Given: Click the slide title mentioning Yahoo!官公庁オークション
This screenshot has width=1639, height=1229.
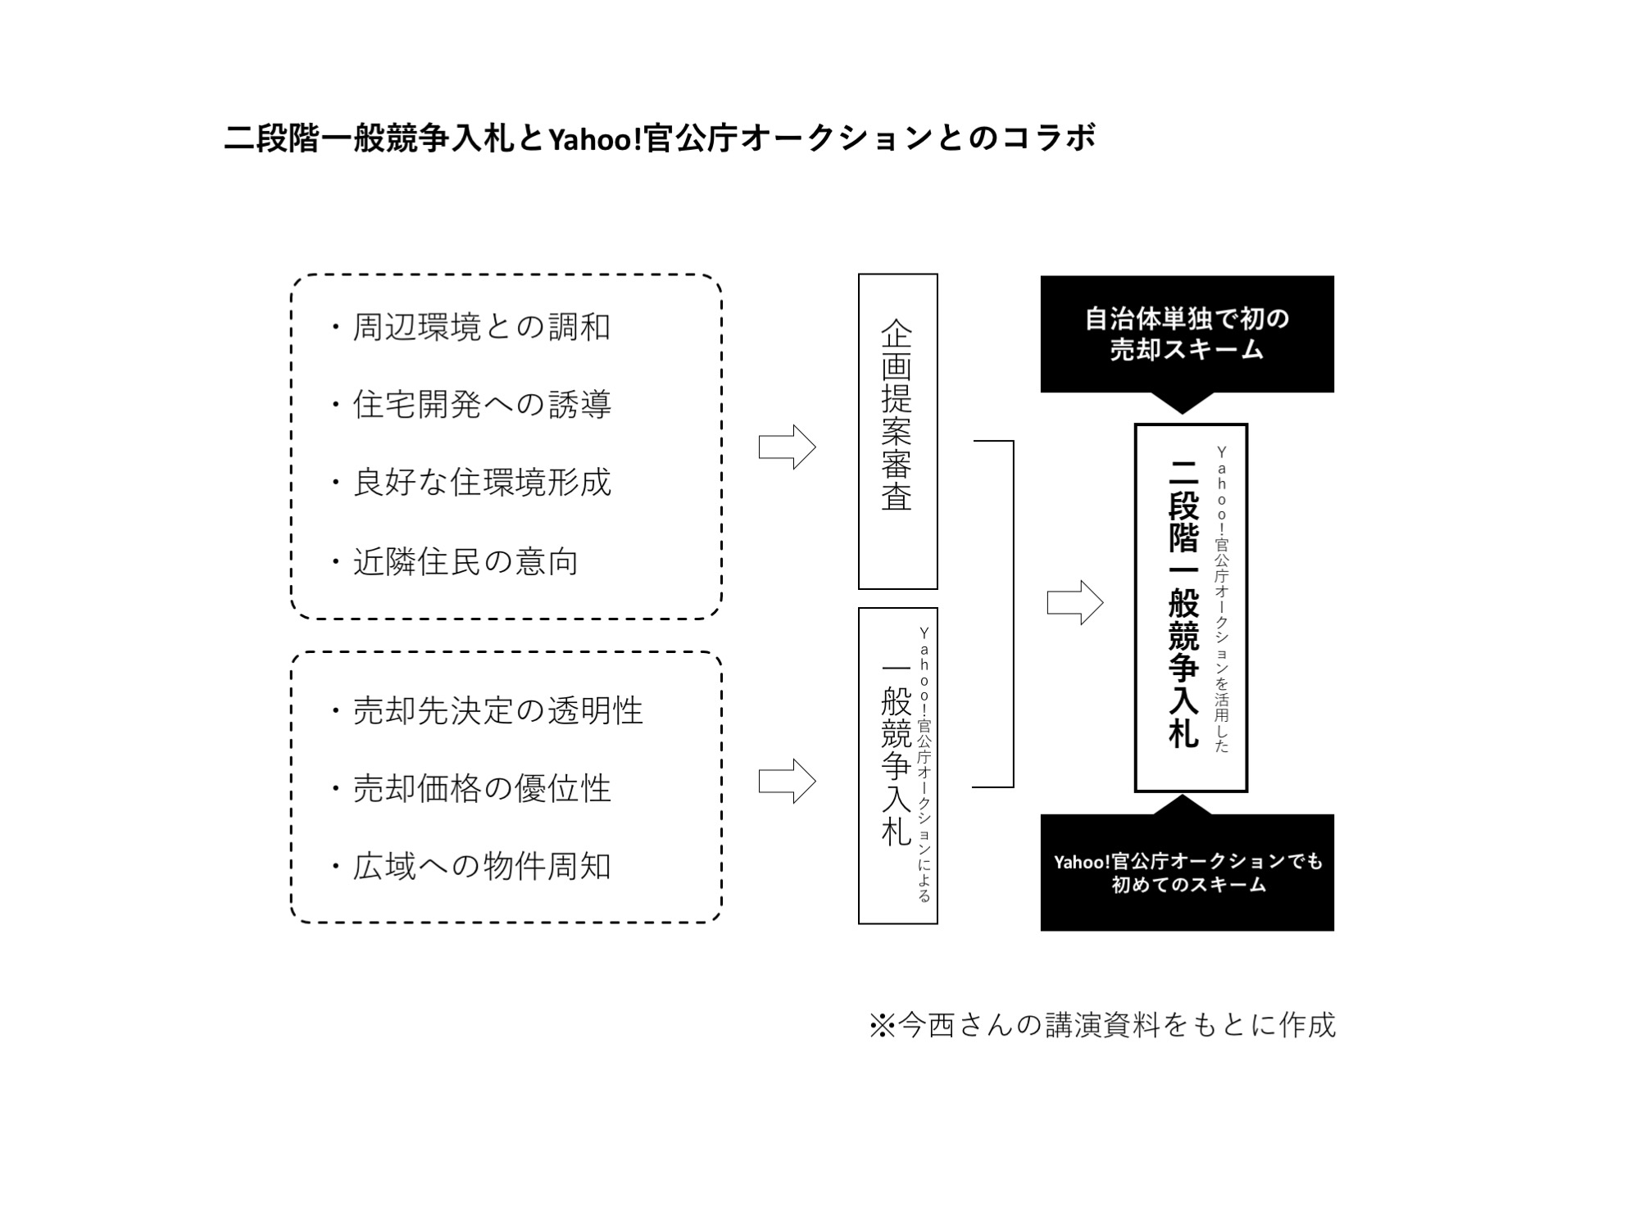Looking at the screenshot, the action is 660,138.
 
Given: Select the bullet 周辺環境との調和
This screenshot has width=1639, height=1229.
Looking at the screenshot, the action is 471,327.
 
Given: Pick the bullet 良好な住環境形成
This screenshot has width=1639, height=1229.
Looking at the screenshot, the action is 471,483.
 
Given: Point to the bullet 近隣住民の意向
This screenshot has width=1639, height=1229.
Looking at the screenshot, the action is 455,562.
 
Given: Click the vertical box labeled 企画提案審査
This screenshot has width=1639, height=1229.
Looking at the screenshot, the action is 898,432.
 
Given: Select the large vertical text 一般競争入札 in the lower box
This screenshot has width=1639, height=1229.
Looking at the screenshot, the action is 896,755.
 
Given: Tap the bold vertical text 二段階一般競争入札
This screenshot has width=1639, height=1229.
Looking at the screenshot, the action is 1183,603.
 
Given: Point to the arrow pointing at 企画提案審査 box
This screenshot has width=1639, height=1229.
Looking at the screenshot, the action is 788,447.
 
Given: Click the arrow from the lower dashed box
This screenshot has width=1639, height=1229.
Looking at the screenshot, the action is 788,781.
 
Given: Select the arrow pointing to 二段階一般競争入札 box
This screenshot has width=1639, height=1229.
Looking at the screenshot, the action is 1075,603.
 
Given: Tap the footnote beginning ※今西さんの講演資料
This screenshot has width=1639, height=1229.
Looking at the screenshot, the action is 1102,1025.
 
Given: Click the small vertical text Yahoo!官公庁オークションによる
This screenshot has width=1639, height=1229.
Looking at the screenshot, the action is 924,764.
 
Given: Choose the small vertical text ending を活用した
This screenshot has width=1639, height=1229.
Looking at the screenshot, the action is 1222,599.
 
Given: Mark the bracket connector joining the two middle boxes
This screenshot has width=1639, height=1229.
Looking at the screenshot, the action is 1013,614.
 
